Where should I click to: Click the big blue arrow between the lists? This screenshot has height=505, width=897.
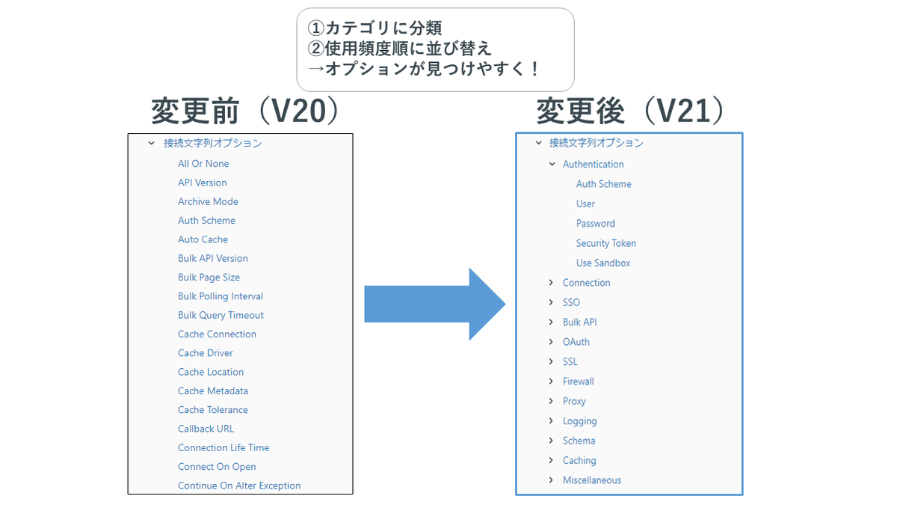tap(434, 304)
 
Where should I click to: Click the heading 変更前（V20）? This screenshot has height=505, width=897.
tap(246, 111)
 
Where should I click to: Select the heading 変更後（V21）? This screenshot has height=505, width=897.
tap(630, 111)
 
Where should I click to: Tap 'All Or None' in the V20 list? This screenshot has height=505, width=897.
tap(203, 164)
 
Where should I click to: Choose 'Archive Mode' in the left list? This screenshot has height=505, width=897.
tap(208, 201)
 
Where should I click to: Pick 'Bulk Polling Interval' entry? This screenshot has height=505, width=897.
tap(221, 296)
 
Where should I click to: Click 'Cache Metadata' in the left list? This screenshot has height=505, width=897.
tap(213, 391)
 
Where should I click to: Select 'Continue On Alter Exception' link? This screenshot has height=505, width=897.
tap(239, 486)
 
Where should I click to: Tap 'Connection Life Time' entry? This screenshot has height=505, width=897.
tap(224, 447)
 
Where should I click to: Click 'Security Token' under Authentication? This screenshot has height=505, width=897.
tap(606, 243)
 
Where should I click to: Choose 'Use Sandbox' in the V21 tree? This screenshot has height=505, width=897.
tap(603, 263)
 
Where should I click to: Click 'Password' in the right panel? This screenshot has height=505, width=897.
tap(596, 223)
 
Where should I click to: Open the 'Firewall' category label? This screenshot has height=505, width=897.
tap(579, 382)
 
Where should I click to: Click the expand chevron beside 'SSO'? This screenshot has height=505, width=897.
tap(552, 302)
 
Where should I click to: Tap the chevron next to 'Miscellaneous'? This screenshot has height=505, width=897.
tap(552, 480)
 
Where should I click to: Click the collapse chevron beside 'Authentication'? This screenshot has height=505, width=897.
tap(552, 164)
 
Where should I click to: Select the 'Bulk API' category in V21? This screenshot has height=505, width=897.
tap(580, 322)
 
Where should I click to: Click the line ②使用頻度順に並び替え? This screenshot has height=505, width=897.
tap(400, 49)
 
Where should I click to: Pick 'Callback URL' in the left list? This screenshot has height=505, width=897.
tap(206, 429)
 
